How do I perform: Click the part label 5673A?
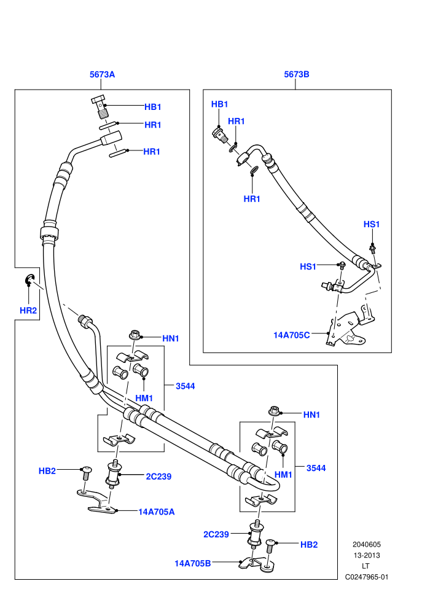(103, 74)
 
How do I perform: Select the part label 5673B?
(297, 74)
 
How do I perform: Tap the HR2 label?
(28, 311)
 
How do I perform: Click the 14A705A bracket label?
(156, 512)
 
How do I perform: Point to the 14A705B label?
(193, 563)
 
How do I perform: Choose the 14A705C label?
(292, 335)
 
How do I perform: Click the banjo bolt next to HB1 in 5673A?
(100, 106)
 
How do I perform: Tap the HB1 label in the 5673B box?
(219, 104)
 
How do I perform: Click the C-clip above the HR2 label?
(30, 280)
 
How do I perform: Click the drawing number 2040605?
(366, 544)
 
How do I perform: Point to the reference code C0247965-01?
(366, 577)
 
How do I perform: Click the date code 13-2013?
(366, 555)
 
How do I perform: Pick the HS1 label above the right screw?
(372, 225)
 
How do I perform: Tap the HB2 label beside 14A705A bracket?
(47, 471)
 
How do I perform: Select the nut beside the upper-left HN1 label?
(135, 334)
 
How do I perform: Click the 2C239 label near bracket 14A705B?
(216, 534)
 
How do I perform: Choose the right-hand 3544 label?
(316, 469)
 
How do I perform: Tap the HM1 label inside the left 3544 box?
(144, 398)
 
